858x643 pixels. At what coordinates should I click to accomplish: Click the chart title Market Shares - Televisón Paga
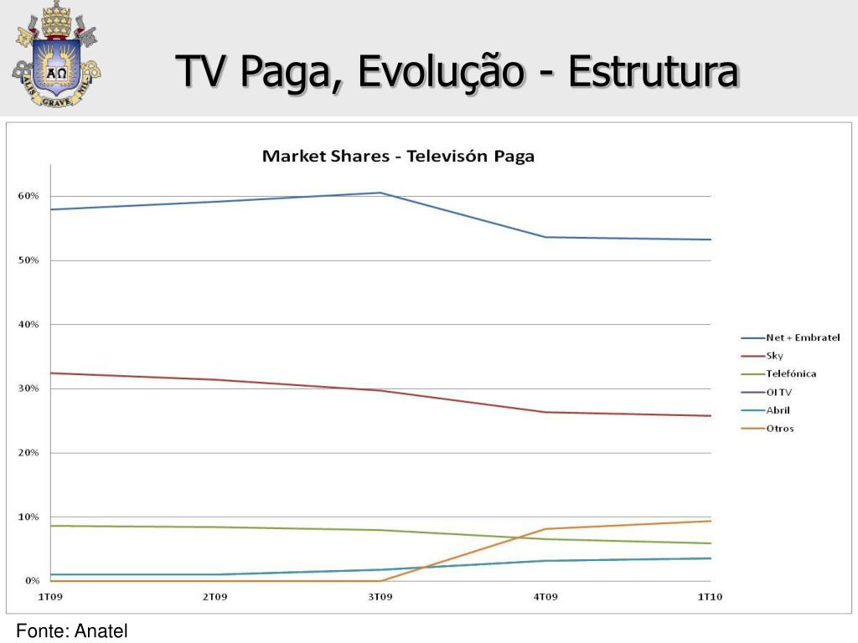pos(398,157)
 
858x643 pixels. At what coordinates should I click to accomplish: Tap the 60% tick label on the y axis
pos(28,196)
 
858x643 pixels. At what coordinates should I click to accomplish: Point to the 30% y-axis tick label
pos(28,388)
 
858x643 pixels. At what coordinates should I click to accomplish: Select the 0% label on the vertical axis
pos(32,580)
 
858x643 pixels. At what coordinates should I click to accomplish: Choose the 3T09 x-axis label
pos(380,596)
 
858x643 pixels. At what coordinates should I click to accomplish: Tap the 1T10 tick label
pos(711,596)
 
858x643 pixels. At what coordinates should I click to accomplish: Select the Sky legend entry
pos(774,356)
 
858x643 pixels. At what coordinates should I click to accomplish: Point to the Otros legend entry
pos(779,429)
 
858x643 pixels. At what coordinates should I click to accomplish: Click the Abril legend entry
pos(778,410)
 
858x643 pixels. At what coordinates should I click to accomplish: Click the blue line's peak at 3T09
pos(380,193)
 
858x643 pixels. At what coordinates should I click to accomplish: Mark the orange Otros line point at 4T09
pos(545,529)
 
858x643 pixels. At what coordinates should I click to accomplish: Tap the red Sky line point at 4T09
pos(545,412)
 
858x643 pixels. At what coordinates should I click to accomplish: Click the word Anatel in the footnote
pos(101,631)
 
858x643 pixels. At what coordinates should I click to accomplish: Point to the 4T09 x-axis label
pos(545,596)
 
